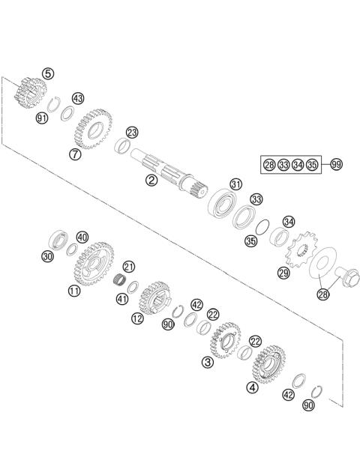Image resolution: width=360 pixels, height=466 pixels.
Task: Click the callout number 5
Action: tap(48, 73)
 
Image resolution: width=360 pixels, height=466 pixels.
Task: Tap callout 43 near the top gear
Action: tap(78, 98)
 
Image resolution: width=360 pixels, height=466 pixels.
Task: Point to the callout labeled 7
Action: tap(75, 154)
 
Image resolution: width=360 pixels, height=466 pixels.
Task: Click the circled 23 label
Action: tap(132, 133)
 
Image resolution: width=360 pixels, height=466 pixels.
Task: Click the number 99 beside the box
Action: tap(336, 163)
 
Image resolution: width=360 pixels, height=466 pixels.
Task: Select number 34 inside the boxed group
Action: tap(298, 164)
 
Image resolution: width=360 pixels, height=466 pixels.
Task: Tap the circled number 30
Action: tap(47, 256)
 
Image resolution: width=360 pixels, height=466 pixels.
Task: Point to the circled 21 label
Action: tap(129, 266)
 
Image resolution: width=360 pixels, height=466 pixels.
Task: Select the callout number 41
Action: tap(121, 299)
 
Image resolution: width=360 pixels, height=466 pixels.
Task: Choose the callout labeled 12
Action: tap(136, 318)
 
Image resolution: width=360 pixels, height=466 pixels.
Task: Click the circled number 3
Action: tap(207, 362)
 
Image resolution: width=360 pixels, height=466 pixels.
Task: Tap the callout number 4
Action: tap(251, 387)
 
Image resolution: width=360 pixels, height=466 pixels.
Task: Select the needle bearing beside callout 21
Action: tap(118, 281)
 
